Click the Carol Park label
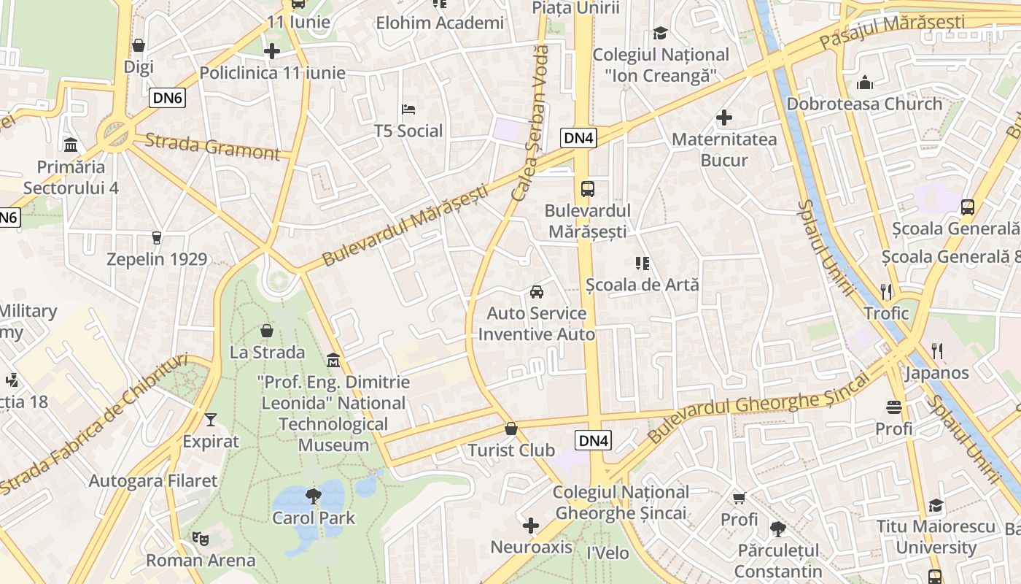click(x=314, y=518)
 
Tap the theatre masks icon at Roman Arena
click(x=200, y=539)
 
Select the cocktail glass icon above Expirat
click(x=211, y=419)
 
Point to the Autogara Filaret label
click(x=153, y=481)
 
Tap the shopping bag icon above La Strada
click(x=267, y=331)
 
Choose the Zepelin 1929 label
click(x=157, y=259)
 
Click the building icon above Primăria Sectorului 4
click(x=71, y=145)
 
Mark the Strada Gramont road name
click(x=212, y=146)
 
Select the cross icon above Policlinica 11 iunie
click(x=272, y=51)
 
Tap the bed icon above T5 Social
click(x=408, y=109)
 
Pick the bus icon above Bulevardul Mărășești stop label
click(x=587, y=189)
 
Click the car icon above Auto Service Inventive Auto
click(x=537, y=292)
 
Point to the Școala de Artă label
click(x=643, y=285)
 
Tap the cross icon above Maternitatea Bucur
click(x=724, y=118)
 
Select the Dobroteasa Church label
click(x=864, y=104)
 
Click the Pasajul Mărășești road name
click(x=902, y=31)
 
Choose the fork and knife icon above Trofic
click(x=886, y=292)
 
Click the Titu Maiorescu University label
click(x=936, y=537)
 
